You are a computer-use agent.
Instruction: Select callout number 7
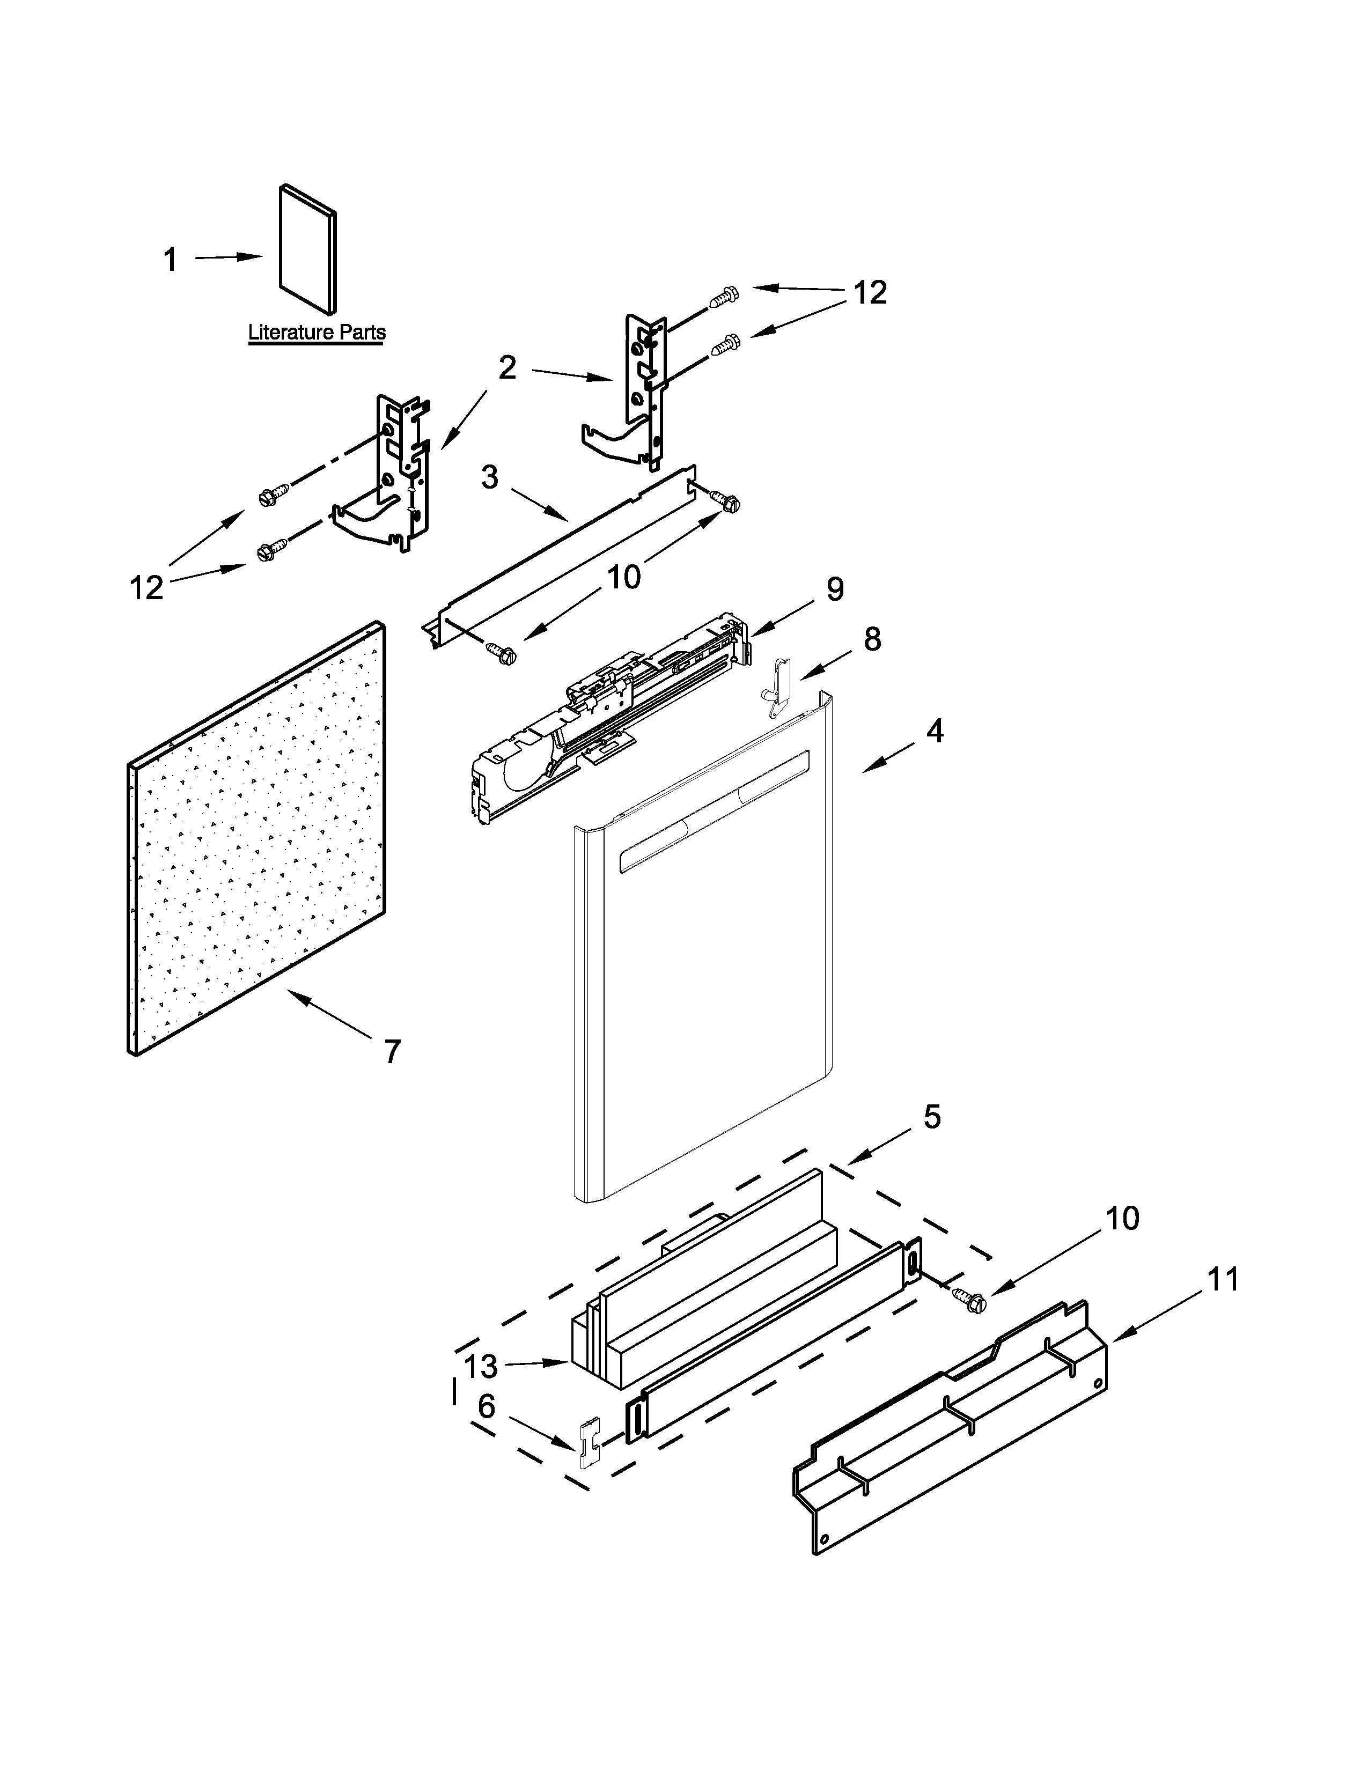tap(392, 1052)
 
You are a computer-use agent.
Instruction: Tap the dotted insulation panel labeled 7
tap(255, 839)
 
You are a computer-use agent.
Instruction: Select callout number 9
tap(835, 589)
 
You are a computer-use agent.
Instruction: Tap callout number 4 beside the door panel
tap(935, 731)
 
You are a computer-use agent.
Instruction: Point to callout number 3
tap(489, 477)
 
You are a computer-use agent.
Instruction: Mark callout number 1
tap(170, 260)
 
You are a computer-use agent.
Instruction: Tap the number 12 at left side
tap(146, 587)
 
